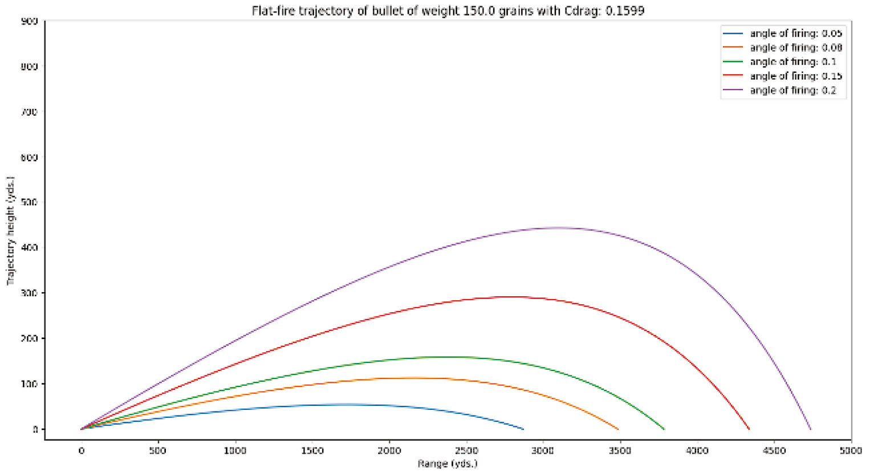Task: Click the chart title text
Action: [448, 10]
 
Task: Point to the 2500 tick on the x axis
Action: [466, 451]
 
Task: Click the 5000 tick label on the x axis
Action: [851, 451]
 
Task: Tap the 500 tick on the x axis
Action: [158, 451]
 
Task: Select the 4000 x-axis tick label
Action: [697, 451]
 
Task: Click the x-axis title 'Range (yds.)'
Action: [448, 463]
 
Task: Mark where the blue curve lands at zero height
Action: [523, 429]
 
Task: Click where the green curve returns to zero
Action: [664, 429]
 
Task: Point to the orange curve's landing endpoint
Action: [619, 429]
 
